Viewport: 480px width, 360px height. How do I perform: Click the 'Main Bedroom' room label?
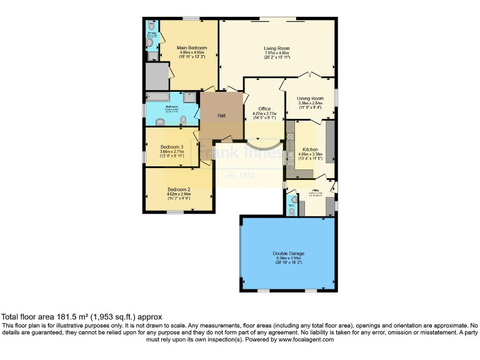pyautogui.click(x=191, y=47)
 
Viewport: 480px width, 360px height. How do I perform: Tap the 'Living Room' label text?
pyautogui.click(x=276, y=48)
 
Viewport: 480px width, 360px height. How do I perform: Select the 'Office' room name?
pyautogui.click(x=259, y=108)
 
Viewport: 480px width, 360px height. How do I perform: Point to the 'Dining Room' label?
pyautogui.click(x=309, y=98)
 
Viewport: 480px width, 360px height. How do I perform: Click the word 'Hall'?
pyautogui.click(x=221, y=115)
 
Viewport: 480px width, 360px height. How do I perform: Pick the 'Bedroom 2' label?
pyautogui.click(x=179, y=189)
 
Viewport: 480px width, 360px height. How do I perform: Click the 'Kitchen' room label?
pyautogui.click(x=310, y=150)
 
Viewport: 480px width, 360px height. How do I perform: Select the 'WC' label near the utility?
pyautogui.click(x=291, y=205)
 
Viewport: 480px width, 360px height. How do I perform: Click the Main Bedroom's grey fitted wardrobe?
pyautogui.click(x=156, y=76)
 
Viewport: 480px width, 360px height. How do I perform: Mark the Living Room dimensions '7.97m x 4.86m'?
pyautogui.click(x=276, y=53)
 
